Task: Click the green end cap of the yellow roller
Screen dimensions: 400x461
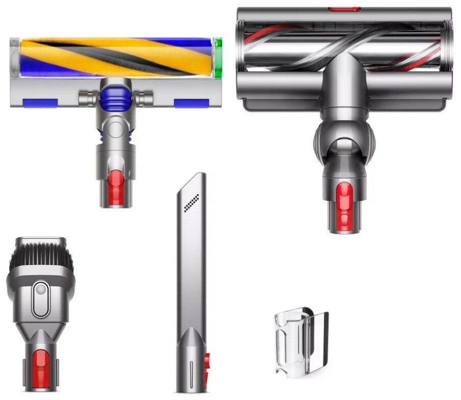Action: click(x=219, y=57)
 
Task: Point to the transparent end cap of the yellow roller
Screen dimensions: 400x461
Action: click(x=15, y=57)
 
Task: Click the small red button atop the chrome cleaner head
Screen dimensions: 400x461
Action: click(x=344, y=9)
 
